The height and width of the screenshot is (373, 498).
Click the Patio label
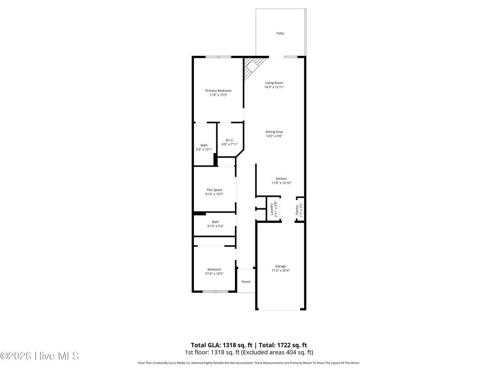(x=280, y=34)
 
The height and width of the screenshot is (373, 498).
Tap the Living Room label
(x=274, y=83)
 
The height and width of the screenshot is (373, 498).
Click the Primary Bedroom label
(x=218, y=91)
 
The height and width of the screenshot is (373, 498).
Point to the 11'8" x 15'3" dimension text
(x=218, y=95)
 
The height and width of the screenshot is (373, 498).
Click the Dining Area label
(x=274, y=132)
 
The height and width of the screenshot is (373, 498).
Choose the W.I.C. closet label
(x=230, y=140)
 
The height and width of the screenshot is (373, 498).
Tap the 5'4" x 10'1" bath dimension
(x=204, y=149)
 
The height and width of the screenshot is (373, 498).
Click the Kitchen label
(x=281, y=179)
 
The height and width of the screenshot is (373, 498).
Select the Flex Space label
(x=214, y=190)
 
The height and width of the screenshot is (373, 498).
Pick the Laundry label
(x=272, y=209)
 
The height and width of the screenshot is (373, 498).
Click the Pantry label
(x=297, y=210)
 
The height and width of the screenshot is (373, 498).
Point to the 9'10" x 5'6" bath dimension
(x=215, y=226)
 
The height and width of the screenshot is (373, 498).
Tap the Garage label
(x=281, y=266)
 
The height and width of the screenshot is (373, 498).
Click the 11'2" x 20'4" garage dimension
(x=281, y=270)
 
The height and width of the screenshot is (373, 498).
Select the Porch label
(x=246, y=282)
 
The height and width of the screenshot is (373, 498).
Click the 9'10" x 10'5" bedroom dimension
(x=214, y=273)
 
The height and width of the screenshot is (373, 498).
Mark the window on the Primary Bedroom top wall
(x=218, y=57)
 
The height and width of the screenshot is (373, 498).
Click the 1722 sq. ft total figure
(x=288, y=345)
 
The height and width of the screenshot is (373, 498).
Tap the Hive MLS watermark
(x=39, y=356)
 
